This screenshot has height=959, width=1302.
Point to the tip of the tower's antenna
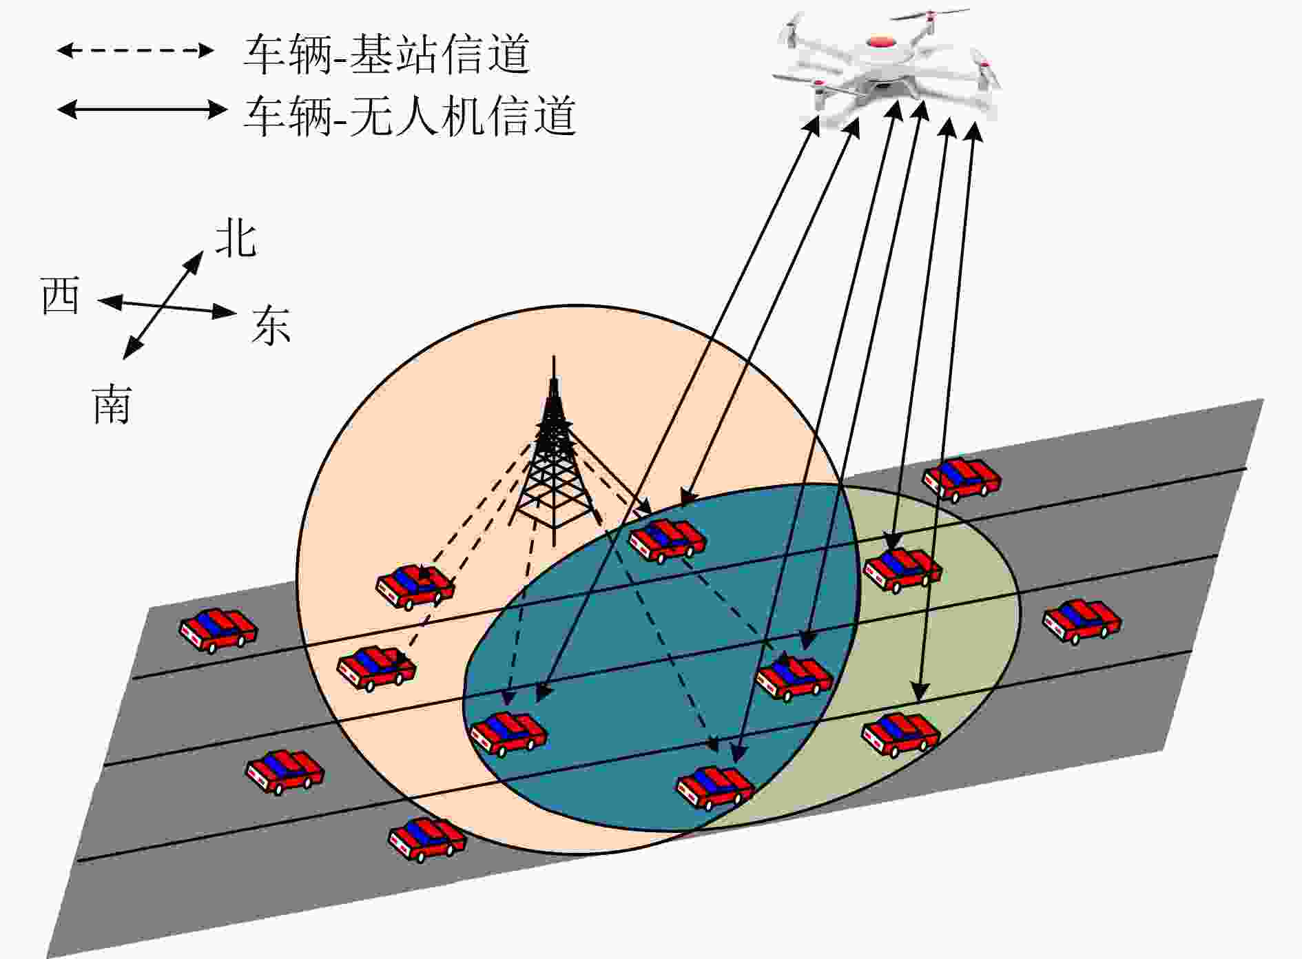tap(555, 356)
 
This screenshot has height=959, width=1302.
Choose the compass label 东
tap(271, 324)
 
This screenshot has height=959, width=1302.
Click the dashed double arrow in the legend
tap(136, 50)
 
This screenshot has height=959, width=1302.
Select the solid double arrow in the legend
tap(142, 109)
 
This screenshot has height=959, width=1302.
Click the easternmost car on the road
tap(1082, 621)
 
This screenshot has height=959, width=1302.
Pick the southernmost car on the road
tap(428, 840)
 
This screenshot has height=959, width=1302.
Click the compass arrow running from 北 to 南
tap(163, 305)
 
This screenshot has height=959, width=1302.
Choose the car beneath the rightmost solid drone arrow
tap(901, 735)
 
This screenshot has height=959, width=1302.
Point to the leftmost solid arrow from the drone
tap(678, 409)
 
